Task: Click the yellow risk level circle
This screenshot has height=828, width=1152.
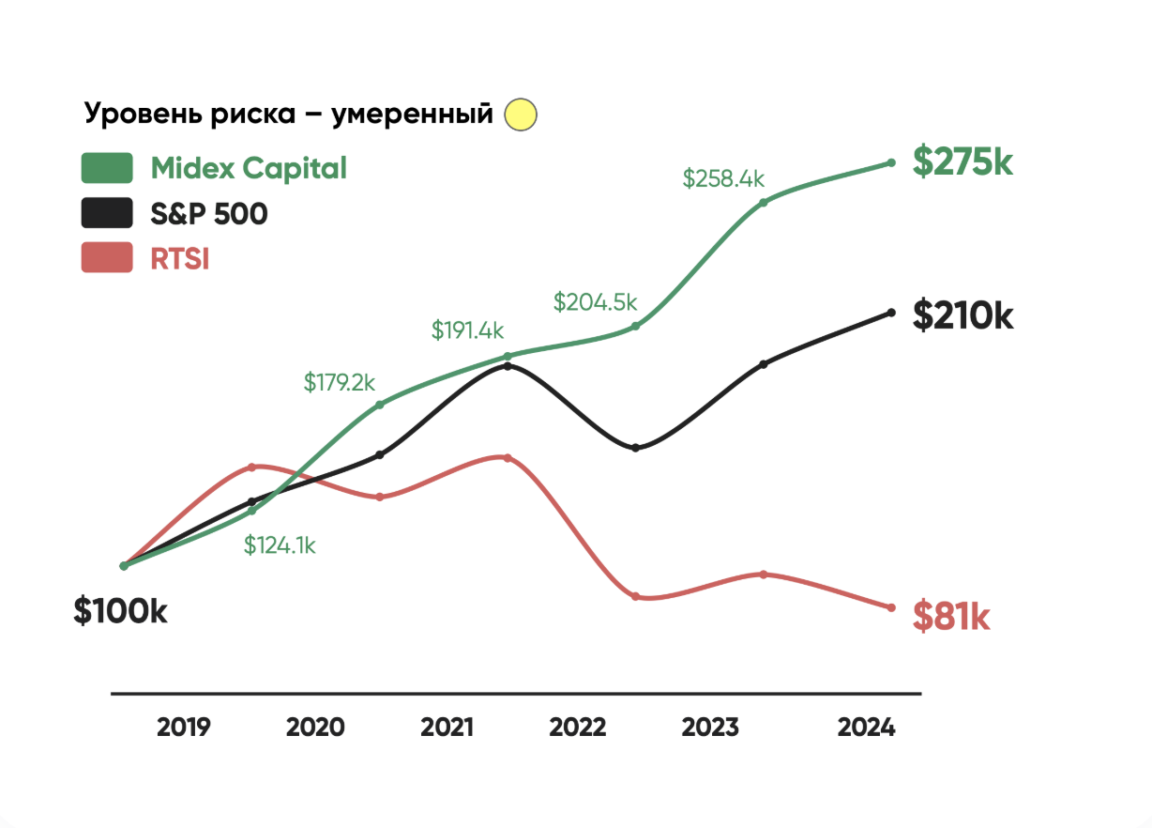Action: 521,115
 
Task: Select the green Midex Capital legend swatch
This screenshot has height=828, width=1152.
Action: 107,168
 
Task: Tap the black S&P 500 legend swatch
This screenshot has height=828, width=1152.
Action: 107,213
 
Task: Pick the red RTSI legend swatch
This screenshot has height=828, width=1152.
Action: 107,258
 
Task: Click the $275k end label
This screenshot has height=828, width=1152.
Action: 963,162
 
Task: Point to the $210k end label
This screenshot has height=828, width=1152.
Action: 963,315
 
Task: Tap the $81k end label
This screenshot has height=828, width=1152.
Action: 951,618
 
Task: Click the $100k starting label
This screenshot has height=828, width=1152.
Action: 121,611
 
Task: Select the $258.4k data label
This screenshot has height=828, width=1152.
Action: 723,178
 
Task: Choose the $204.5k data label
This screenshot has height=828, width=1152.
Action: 595,302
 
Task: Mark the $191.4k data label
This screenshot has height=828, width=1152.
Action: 467,330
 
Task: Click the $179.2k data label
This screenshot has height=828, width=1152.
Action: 339,382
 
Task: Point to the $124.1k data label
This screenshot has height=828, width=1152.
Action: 280,545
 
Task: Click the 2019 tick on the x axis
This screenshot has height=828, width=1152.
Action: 184,727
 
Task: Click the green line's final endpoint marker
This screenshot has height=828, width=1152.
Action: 891,162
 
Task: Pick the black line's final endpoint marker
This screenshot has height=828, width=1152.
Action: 891,313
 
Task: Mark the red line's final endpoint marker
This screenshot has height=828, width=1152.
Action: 891,608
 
